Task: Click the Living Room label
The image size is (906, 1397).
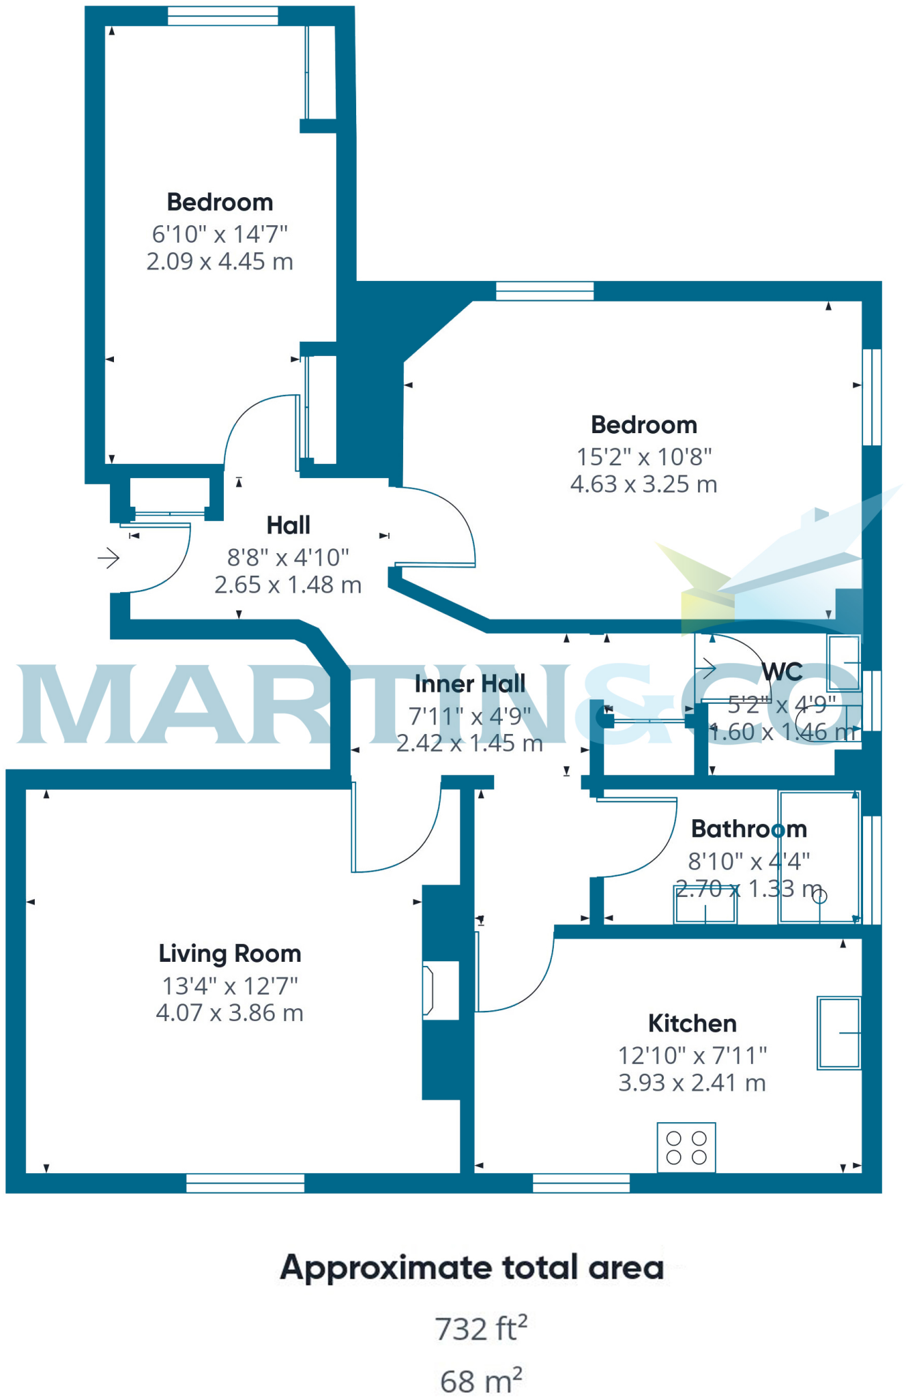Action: (x=230, y=954)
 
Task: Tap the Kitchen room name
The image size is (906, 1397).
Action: (x=692, y=1023)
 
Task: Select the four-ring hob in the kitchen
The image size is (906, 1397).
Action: (x=686, y=1147)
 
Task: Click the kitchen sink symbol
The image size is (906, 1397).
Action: (x=838, y=1033)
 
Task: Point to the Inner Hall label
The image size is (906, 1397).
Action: (x=470, y=683)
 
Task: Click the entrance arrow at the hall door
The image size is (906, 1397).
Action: (x=108, y=558)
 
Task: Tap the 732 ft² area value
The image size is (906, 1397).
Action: (x=481, y=1328)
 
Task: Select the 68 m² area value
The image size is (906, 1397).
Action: (x=481, y=1381)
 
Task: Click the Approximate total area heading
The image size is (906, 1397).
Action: (x=472, y=1267)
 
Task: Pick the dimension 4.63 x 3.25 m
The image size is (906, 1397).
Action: (x=643, y=484)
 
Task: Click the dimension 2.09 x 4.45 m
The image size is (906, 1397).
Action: (x=220, y=261)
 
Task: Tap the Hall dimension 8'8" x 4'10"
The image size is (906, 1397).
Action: (x=288, y=557)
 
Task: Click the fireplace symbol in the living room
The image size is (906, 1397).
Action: (x=429, y=990)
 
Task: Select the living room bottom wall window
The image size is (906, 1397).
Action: (x=245, y=1183)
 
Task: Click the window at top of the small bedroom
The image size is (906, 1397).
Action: (x=223, y=16)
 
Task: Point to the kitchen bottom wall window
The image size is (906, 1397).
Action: (x=581, y=1183)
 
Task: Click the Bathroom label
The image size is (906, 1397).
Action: (x=748, y=829)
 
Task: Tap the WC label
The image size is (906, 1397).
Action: (x=782, y=672)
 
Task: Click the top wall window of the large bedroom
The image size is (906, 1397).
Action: (x=544, y=291)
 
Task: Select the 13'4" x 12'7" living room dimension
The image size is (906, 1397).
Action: (x=230, y=986)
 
